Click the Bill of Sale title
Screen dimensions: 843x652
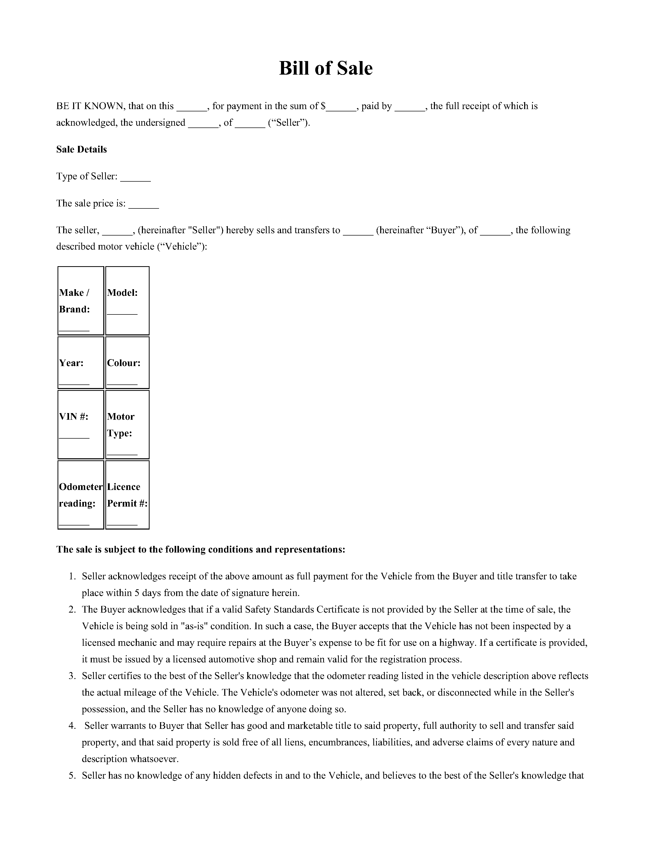[325, 68]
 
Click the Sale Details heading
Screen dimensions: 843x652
[82, 149]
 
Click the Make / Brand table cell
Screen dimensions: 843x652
[81, 301]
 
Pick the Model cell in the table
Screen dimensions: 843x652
[127, 301]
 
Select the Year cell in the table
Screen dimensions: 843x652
[81, 362]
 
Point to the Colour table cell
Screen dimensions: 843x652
[127, 362]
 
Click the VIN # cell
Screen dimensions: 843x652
[81, 424]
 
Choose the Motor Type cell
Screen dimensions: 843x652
[127, 424]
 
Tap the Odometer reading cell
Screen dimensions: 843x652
[81, 495]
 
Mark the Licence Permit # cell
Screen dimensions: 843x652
[127, 495]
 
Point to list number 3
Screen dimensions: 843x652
[72, 676]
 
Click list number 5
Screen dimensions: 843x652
[72, 776]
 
